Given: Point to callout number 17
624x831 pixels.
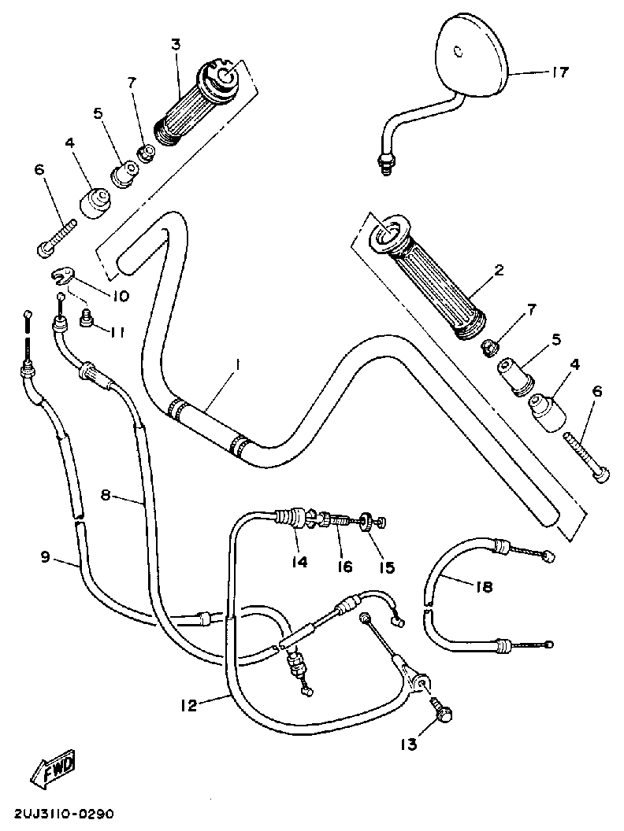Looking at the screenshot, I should (x=559, y=72).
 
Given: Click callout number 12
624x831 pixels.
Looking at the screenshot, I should (x=186, y=706).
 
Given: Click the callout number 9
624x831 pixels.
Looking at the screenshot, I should (x=45, y=557).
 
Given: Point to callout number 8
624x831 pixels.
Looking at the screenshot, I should (x=108, y=495).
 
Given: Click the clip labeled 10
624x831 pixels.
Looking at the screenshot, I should (x=62, y=275).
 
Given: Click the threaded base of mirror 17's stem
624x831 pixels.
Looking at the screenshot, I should (x=385, y=163).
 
